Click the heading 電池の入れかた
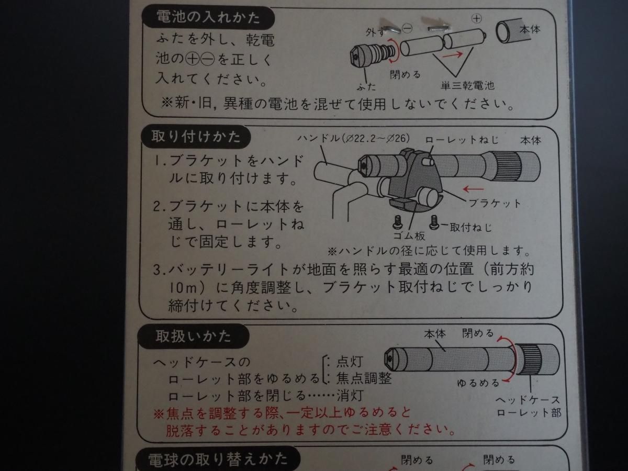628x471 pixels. click(x=208, y=17)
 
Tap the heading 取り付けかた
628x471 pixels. click(x=196, y=137)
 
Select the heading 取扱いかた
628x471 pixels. click(x=193, y=336)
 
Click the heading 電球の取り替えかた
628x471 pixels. click(x=217, y=459)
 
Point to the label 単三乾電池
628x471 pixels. click(x=467, y=85)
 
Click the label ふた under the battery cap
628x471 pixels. click(x=366, y=86)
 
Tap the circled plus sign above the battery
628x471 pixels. click(x=477, y=19)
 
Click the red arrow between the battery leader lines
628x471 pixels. click(x=453, y=54)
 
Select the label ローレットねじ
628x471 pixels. click(x=462, y=140)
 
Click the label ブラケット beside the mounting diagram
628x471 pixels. click(x=495, y=204)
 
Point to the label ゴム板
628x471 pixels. click(x=409, y=236)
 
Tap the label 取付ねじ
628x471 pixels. click(x=471, y=228)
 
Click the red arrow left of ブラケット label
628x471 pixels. click(x=473, y=189)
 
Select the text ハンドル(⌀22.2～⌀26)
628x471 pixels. click(x=354, y=139)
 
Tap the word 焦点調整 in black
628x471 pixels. click(x=364, y=378)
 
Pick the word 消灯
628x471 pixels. click(x=350, y=396)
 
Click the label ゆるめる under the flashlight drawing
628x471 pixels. click(x=478, y=383)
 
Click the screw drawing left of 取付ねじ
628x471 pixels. click(x=434, y=222)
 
